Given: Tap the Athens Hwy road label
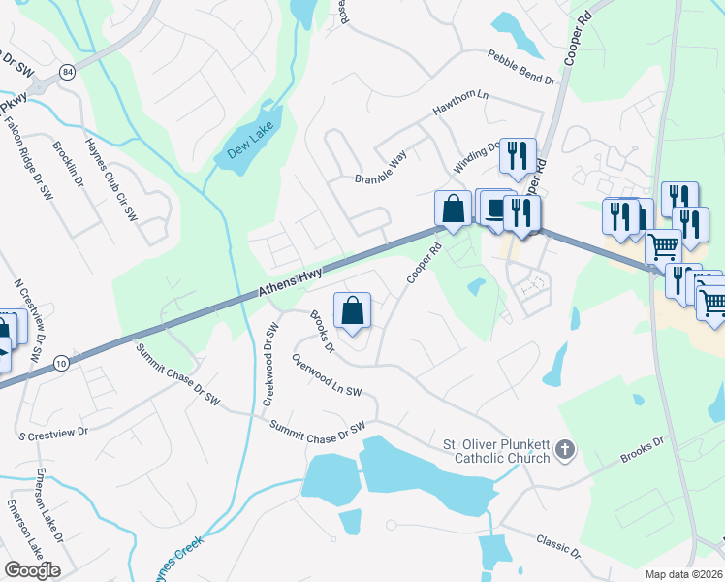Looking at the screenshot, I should click(291, 282).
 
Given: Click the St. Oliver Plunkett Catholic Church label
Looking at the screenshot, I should click(496, 451).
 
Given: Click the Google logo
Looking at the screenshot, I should click(32, 569).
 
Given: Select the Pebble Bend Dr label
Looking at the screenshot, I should click(521, 68).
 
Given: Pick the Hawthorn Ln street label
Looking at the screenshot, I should click(461, 104).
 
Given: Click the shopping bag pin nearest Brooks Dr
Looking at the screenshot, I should click(353, 311).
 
